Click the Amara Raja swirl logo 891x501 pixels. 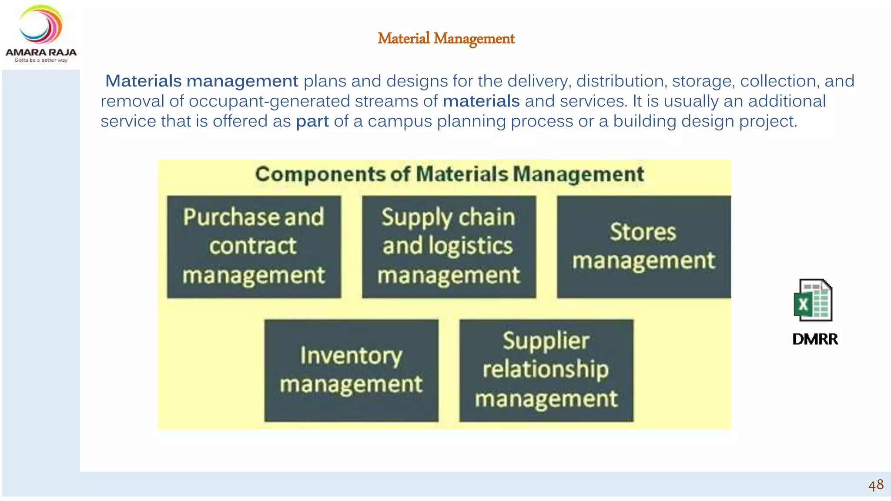click(41, 25)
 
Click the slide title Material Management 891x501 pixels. click(446, 39)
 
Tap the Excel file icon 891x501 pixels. click(813, 300)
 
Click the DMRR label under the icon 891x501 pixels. click(815, 339)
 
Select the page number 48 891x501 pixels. click(876, 485)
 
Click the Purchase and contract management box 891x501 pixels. click(254, 247)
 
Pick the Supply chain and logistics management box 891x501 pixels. click(449, 247)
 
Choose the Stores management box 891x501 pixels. click(643, 247)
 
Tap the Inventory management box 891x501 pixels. click(351, 370)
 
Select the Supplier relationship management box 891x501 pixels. click(546, 370)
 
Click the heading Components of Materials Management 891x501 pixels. click(449, 174)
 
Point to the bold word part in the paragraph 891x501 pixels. click(312, 121)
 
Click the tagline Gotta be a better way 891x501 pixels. click(41, 60)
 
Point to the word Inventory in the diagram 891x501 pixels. click(351, 355)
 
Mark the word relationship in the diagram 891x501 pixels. click(546, 369)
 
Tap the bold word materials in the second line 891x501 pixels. click(481, 101)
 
